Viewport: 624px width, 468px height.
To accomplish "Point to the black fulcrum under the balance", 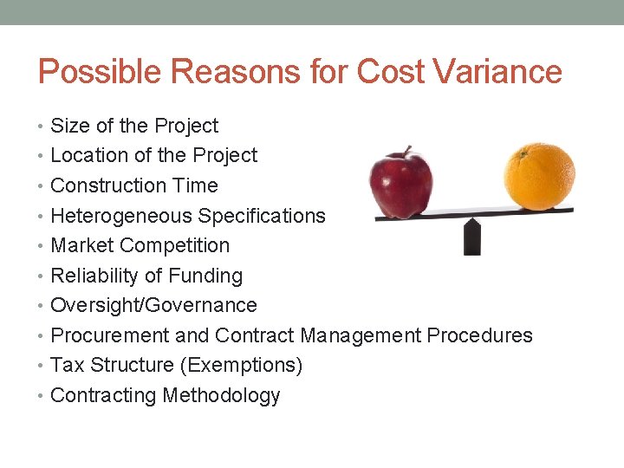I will click(472, 236).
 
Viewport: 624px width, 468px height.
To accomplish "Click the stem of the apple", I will click(405, 152).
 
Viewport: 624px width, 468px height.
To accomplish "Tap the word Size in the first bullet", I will click(69, 126).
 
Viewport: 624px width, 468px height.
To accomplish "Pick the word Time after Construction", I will click(195, 185).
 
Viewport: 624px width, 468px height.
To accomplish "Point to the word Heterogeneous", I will click(121, 216).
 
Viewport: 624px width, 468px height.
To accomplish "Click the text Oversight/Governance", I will click(153, 305).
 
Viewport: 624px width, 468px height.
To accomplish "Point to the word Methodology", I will click(221, 395).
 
